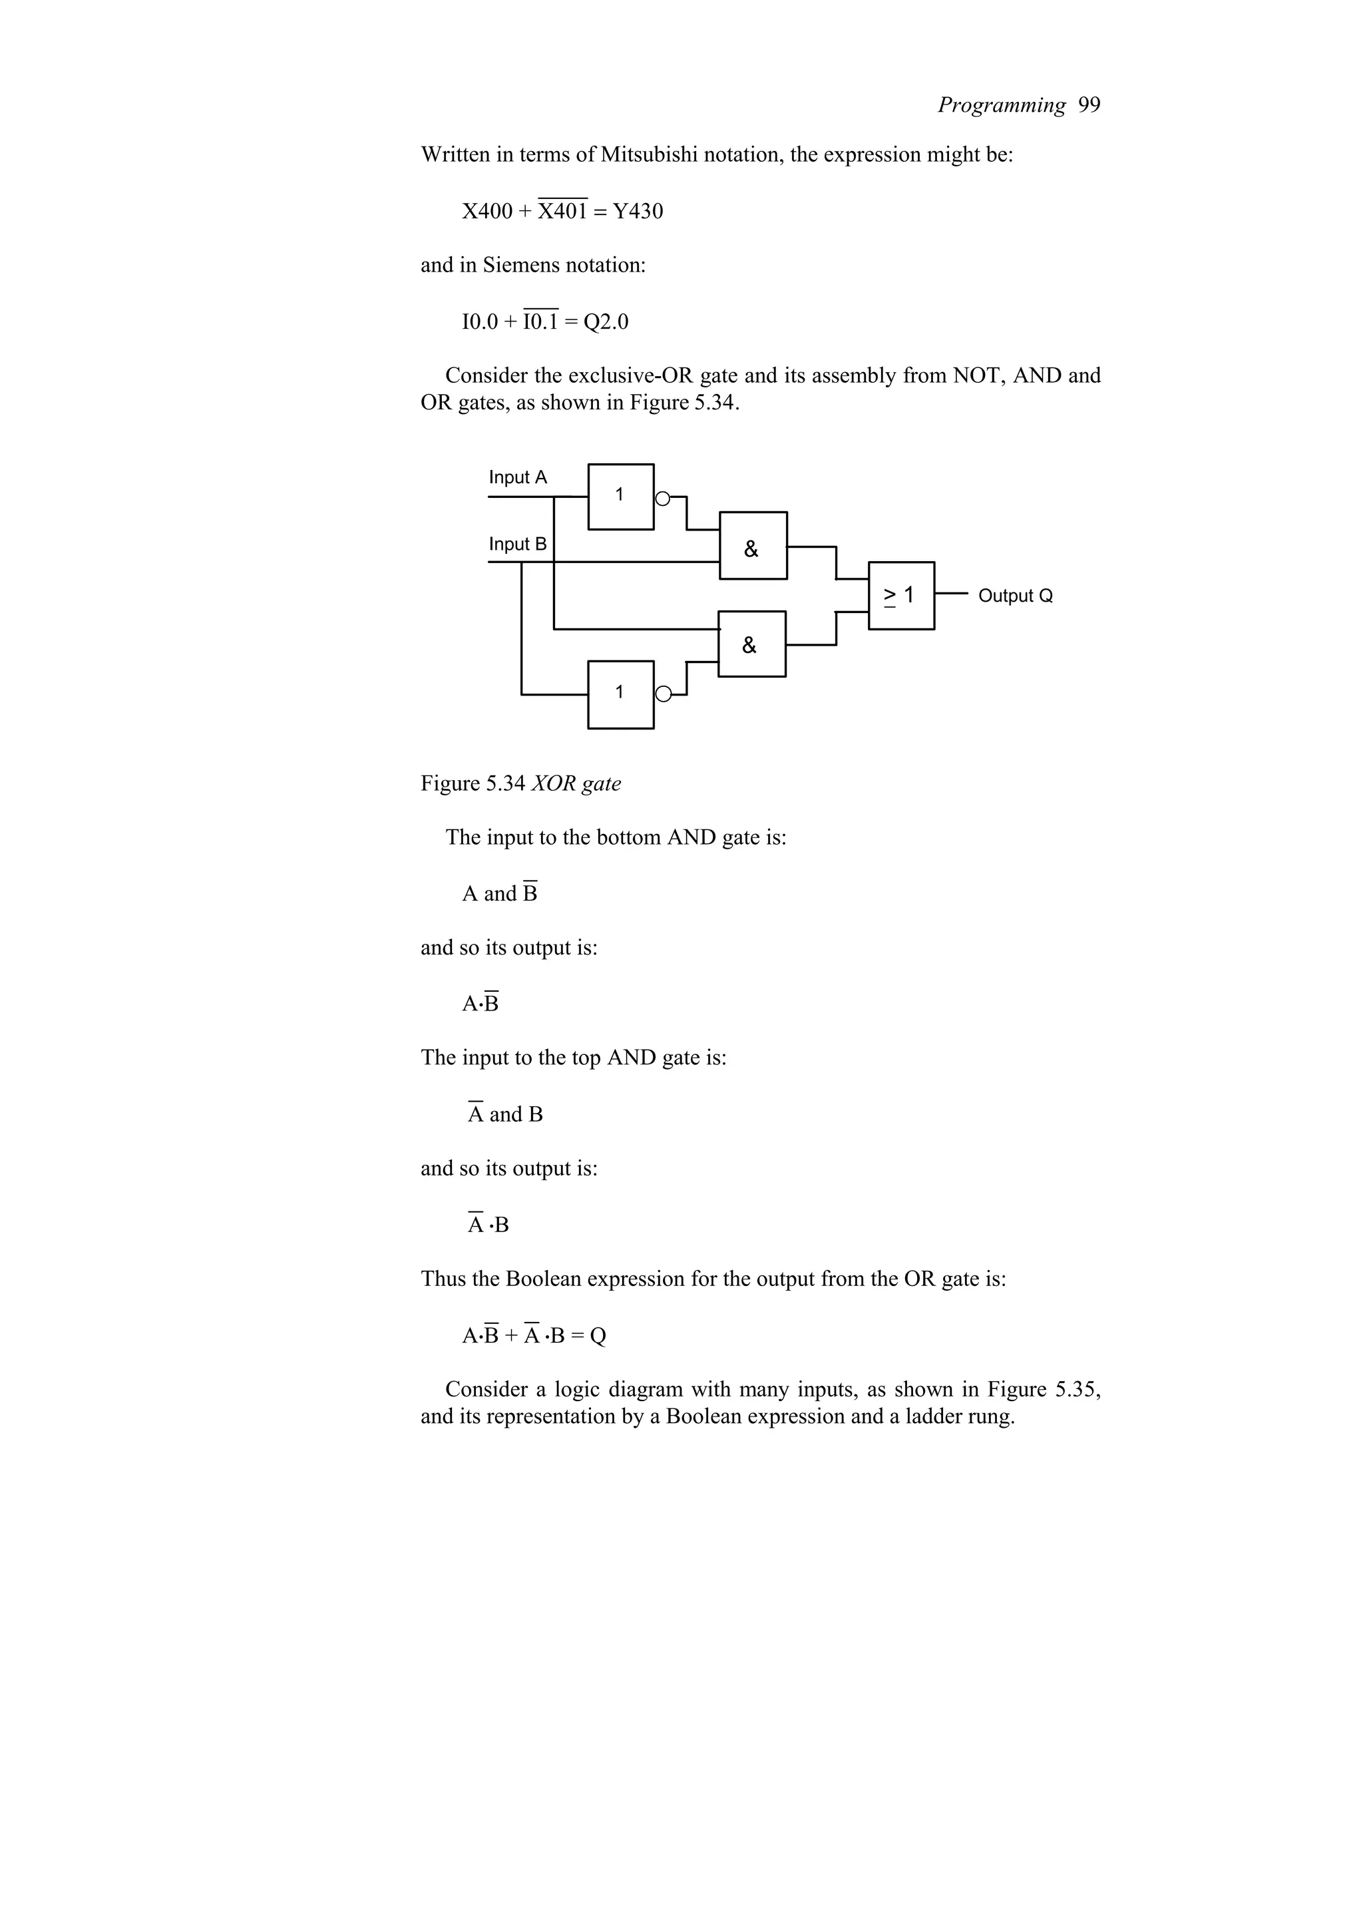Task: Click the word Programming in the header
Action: (1001, 105)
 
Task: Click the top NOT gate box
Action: (621, 497)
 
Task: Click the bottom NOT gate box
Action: (621, 694)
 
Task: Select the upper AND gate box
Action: (753, 545)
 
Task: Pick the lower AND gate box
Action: (751, 644)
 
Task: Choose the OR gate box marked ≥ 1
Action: (901, 596)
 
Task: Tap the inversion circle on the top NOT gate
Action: (663, 498)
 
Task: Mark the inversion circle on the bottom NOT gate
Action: (664, 694)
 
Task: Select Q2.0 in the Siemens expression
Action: (606, 321)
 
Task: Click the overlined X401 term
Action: (562, 211)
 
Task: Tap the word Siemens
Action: (520, 266)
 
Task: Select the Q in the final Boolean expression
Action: (598, 1336)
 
